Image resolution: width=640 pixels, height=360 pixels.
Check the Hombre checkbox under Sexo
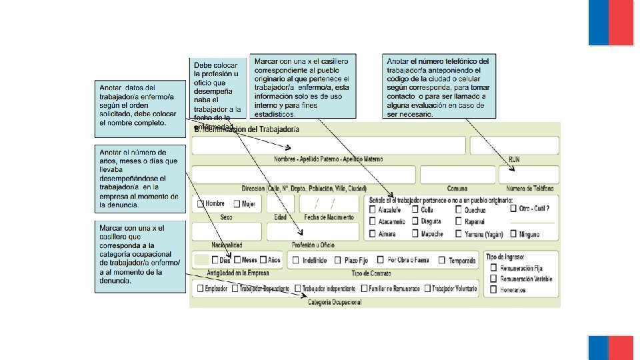pos(200,204)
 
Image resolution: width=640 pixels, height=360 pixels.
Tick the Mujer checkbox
pos(237,204)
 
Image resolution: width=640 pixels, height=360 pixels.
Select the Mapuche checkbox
pos(415,234)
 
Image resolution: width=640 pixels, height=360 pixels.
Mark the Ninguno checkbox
pos(513,235)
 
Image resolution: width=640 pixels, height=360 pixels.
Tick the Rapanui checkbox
pos(459,221)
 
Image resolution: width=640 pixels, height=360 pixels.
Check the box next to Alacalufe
pos(372,209)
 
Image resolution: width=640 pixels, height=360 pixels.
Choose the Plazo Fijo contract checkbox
pos(338,261)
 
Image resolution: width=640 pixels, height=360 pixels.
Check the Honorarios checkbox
pos(493,290)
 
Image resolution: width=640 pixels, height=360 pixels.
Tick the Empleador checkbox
pos(199,289)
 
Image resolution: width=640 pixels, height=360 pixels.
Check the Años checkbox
pos(263,260)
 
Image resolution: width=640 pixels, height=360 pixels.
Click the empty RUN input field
pos(514,145)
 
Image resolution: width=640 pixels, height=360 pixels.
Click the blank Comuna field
pos(457,175)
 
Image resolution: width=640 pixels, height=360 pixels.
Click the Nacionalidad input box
pos(226,231)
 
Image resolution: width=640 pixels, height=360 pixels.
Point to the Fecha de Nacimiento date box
pos(329,203)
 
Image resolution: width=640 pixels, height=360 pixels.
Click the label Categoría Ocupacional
pos(335,303)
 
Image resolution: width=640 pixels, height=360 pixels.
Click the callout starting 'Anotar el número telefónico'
pos(437,87)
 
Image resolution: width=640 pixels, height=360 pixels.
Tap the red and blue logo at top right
pos(611,23)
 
